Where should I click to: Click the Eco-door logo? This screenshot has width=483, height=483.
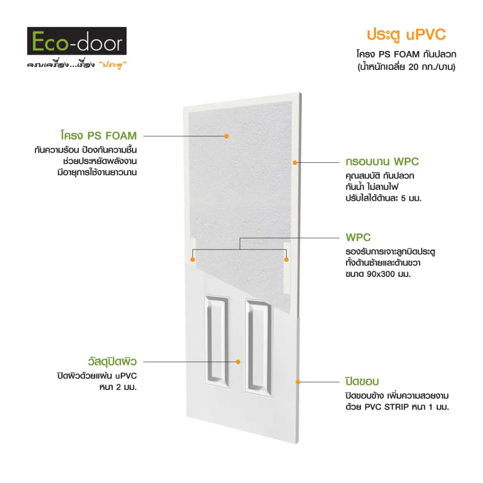(x=77, y=41)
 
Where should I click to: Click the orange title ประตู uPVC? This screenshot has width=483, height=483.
(x=406, y=35)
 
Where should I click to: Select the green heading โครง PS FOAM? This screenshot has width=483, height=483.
(x=99, y=135)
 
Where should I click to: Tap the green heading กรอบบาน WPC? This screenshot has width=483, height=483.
(x=382, y=162)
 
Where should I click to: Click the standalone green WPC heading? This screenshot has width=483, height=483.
(x=358, y=238)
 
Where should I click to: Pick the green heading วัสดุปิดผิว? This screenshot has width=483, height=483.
(x=112, y=361)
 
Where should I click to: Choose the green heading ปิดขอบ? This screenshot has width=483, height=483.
(x=362, y=381)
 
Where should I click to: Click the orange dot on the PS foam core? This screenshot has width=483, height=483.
(x=226, y=136)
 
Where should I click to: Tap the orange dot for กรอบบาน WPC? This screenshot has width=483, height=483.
(x=295, y=162)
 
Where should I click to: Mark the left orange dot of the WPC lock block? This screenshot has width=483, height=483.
(x=193, y=260)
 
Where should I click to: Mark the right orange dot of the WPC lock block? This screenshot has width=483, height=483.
(x=286, y=260)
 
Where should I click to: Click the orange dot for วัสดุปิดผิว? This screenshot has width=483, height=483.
(x=238, y=362)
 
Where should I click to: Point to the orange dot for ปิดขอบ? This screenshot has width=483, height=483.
(x=298, y=382)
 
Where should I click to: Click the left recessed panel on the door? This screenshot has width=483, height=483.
(x=217, y=341)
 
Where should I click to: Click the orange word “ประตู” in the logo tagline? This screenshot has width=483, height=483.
(x=113, y=65)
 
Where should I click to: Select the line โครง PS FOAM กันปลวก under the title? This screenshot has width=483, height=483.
(x=406, y=54)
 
